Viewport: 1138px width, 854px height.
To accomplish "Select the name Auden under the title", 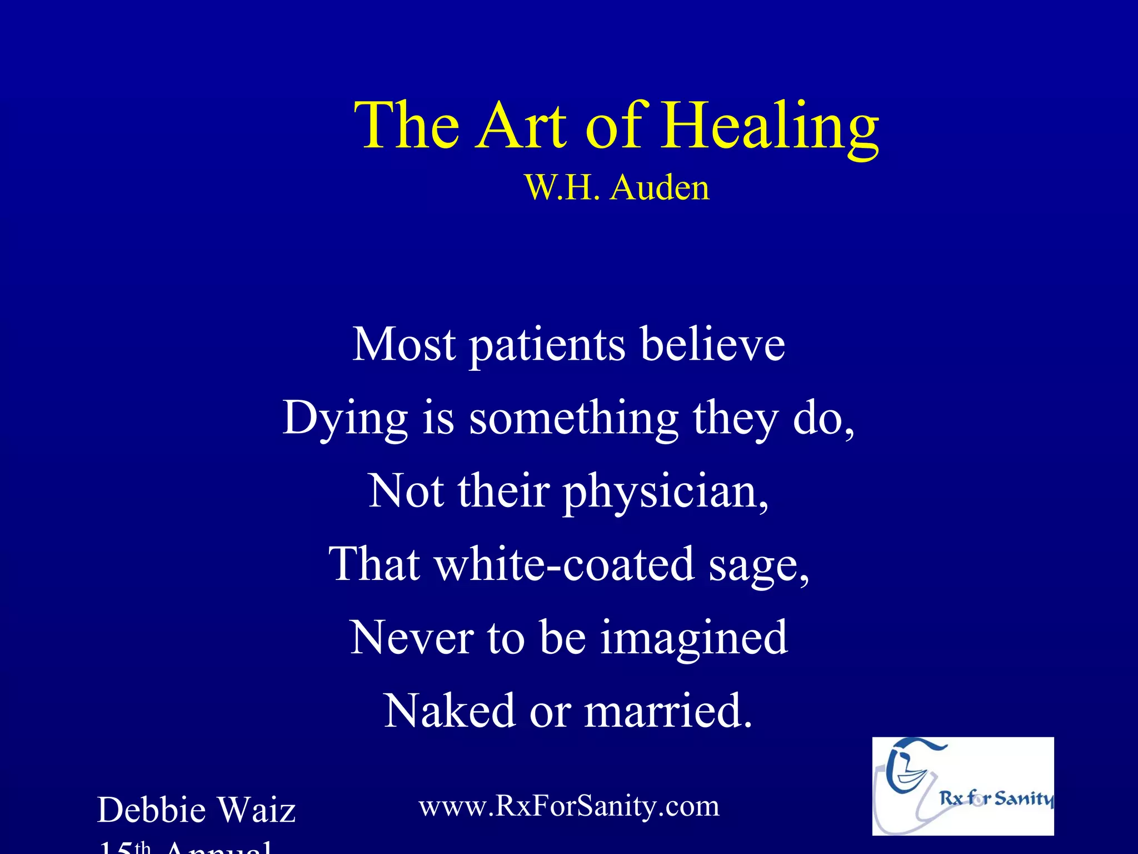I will [660, 188].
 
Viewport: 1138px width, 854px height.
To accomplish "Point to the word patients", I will [547, 346].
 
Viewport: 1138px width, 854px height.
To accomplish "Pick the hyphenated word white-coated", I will [563, 564].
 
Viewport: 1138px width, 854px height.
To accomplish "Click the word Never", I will [411, 638].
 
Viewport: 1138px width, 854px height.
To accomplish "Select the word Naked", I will [450, 711].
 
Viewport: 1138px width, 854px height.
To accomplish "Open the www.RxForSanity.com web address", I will [569, 806].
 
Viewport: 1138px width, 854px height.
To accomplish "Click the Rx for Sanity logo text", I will [996, 799].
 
